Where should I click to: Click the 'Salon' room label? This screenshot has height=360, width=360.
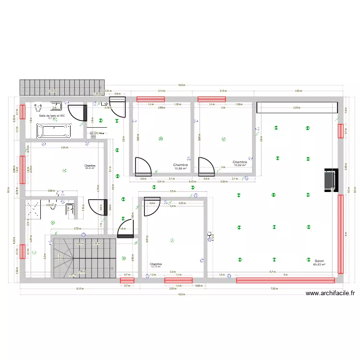(319, 261)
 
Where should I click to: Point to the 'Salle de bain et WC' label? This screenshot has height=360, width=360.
(52, 116)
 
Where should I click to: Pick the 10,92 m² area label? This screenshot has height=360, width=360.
(240, 166)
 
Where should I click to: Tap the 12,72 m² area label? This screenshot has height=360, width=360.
(156, 266)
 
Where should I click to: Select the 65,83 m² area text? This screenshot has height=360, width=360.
(319, 264)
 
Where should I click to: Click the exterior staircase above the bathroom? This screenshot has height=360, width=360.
(61, 87)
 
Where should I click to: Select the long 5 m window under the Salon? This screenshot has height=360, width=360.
(285, 278)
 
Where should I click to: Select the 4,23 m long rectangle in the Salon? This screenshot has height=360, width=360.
(298, 108)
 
